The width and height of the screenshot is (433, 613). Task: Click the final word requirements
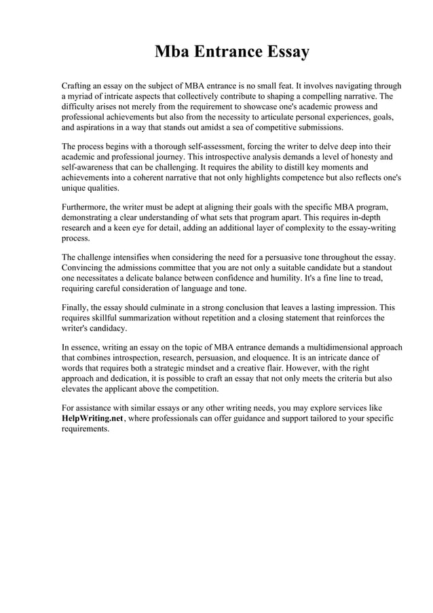[x=85, y=428]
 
